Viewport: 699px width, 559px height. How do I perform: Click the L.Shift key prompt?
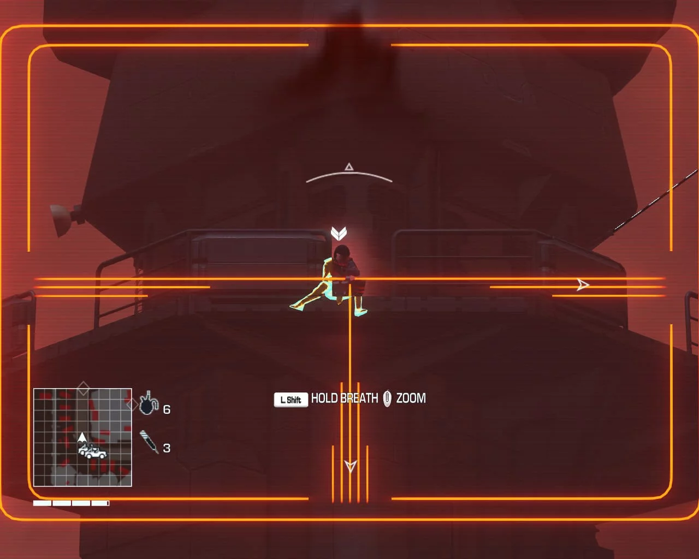click(291, 400)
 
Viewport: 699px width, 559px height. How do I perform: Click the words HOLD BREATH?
click(345, 398)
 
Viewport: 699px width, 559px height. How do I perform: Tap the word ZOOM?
click(411, 398)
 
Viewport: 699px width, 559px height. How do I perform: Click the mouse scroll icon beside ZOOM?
click(387, 399)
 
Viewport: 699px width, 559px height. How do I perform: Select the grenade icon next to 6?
click(149, 403)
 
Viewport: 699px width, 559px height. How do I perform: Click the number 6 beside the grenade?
click(167, 409)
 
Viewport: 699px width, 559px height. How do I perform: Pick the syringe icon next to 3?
click(149, 442)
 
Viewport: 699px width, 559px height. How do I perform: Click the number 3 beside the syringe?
click(167, 448)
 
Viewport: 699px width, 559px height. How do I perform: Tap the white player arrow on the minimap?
click(82, 437)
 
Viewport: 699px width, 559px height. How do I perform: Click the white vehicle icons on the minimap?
click(93, 451)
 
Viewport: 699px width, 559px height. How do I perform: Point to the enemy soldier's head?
click(341, 252)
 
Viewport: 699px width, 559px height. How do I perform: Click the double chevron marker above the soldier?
click(339, 233)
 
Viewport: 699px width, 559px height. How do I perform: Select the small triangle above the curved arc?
click(349, 167)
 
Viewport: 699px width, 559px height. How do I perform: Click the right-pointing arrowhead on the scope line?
click(583, 285)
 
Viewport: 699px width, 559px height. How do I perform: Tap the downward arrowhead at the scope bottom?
click(350, 466)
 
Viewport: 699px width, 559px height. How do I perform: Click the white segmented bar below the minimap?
click(71, 503)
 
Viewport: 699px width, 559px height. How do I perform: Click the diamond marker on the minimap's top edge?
click(84, 388)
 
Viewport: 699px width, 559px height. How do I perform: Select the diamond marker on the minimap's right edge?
click(132, 405)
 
